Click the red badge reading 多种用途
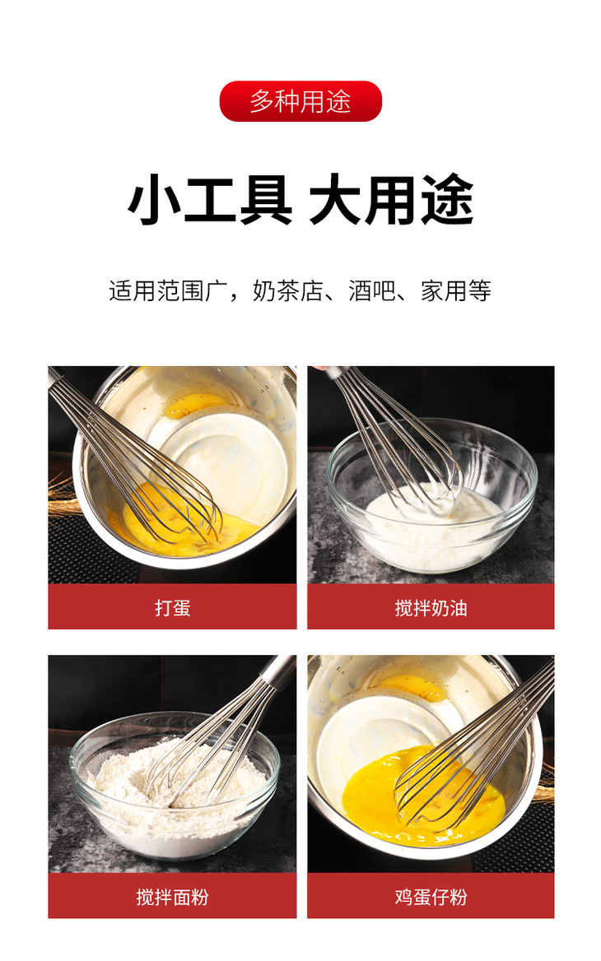coord(300,101)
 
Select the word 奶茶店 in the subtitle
coord(287,290)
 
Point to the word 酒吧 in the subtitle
coord(371,290)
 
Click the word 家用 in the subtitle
coord(444,290)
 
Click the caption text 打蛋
coord(172,608)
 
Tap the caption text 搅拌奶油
coord(431,608)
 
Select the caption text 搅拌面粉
coord(172,898)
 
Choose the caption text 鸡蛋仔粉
coord(431,898)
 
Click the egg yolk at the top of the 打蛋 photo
coord(199,405)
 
